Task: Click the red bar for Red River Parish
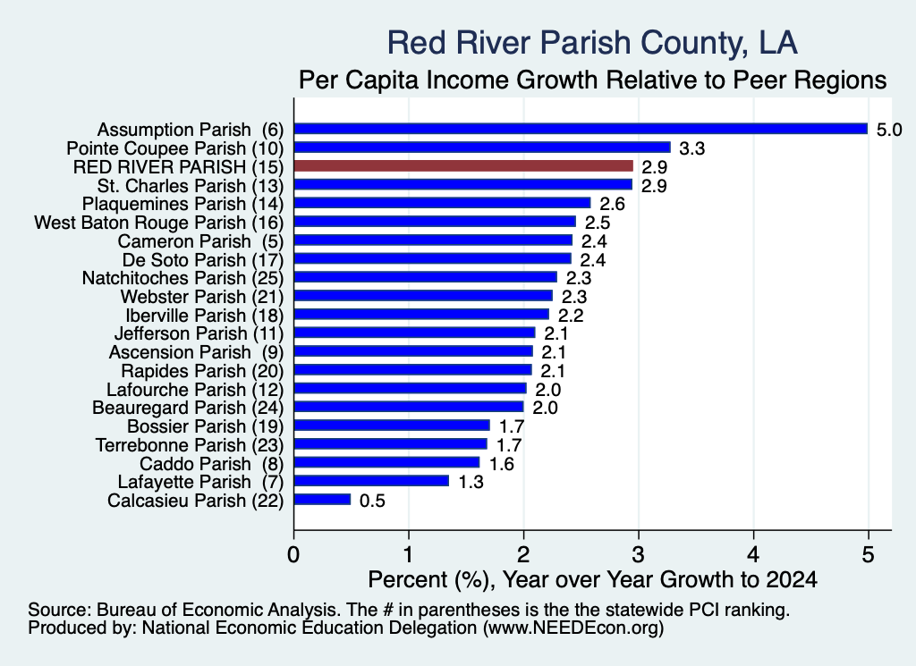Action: pyautogui.click(x=463, y=166)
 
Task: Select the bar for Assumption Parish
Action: pyautogui.click(x=581, y=129)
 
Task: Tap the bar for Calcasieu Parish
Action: pyautogui.click(x=322, y=500)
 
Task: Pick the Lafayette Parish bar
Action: pyautogui.click(x=371, y=481)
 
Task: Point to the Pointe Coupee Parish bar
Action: pyautogui.click(x=482, y=148)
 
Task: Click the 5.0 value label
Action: pyautogui.click(x=889, y=130)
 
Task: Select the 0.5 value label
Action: pyautogui.click(x=372, y=501)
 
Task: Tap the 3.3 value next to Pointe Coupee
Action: pyautogui.click(x=691, y=148)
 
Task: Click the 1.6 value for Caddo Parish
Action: pyautogui.click(x=501, y=464)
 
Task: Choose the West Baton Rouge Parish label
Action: pyautogui.click(x=159, y=223)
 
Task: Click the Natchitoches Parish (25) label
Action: pyautogui.click(x=182, y=278)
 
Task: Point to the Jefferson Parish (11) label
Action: pyautogui.click(x=199, y=333)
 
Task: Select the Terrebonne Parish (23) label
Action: pyautogui.click(x=190, y=445)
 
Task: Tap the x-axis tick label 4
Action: pyautogui.click(x=753, y=554)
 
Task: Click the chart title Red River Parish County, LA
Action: pyautogui.click(x=592, y=43)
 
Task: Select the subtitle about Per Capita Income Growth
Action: pyautogui.click(x=592, y=80)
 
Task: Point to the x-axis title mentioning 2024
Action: pyautogui.click(x=592, y=579)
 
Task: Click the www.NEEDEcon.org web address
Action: pyautogui.click(x=573, y=628)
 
